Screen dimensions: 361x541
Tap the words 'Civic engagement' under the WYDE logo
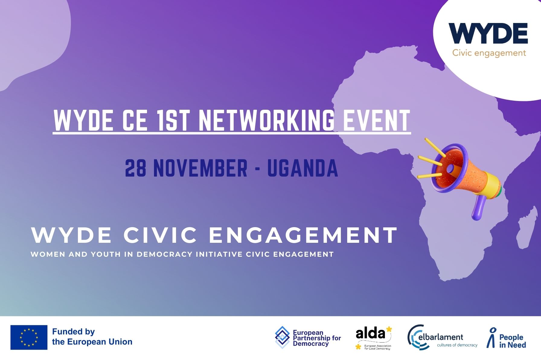click(x=489, y=53)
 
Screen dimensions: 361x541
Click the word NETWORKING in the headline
click(x=267, y=120)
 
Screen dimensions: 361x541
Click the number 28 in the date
click(x=136, y=168)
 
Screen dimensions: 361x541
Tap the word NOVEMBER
click(x=200, y=168)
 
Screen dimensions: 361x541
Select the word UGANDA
click(x=303, y=168)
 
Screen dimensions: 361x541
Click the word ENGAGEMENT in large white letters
click(x=303, y=235)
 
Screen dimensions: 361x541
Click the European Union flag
click(x=29, y=337)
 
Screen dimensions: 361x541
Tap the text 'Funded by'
click(x=73, y=332)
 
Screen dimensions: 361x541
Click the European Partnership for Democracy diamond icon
click(x=282, y=337)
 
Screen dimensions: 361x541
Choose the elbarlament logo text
click(x=441, y=337)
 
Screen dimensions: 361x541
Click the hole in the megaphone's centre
click(x=450, y=168)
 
